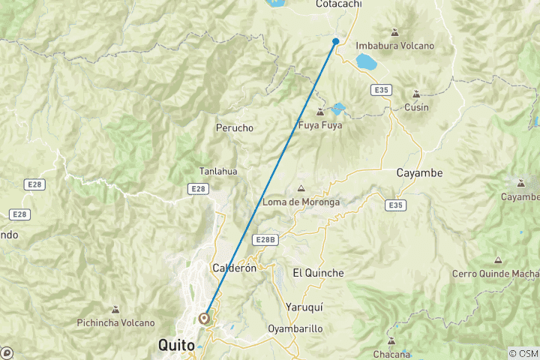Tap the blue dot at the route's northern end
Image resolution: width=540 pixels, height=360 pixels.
(x=336, y=41)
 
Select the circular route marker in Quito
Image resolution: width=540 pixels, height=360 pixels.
(x=204, y=318)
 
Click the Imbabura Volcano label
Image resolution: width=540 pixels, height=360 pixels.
(x=394, y=46)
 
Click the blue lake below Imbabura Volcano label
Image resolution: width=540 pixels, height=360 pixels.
(x=367, y=60)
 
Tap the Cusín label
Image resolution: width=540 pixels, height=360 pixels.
(x=416, y=107)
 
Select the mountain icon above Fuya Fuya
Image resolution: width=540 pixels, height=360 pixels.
(x=320, y=112)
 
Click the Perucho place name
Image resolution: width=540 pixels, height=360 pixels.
(x=235, y=127)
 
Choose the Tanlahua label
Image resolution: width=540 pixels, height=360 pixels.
(x=218, y=171)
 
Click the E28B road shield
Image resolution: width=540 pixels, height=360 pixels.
(x=265, y=239)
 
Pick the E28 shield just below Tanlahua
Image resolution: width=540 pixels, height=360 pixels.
(x=198, y=189)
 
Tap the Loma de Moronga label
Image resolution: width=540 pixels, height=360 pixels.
(x=301, y=202)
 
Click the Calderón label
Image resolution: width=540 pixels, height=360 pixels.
(x=235, y=268)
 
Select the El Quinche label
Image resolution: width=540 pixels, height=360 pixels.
(x=318, y=273)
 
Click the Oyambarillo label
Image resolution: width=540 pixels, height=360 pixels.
(x=295, y=328)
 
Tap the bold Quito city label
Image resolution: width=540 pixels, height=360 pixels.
(x=176, y=346)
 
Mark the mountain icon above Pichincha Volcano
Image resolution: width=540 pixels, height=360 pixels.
(x=115, y=310)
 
